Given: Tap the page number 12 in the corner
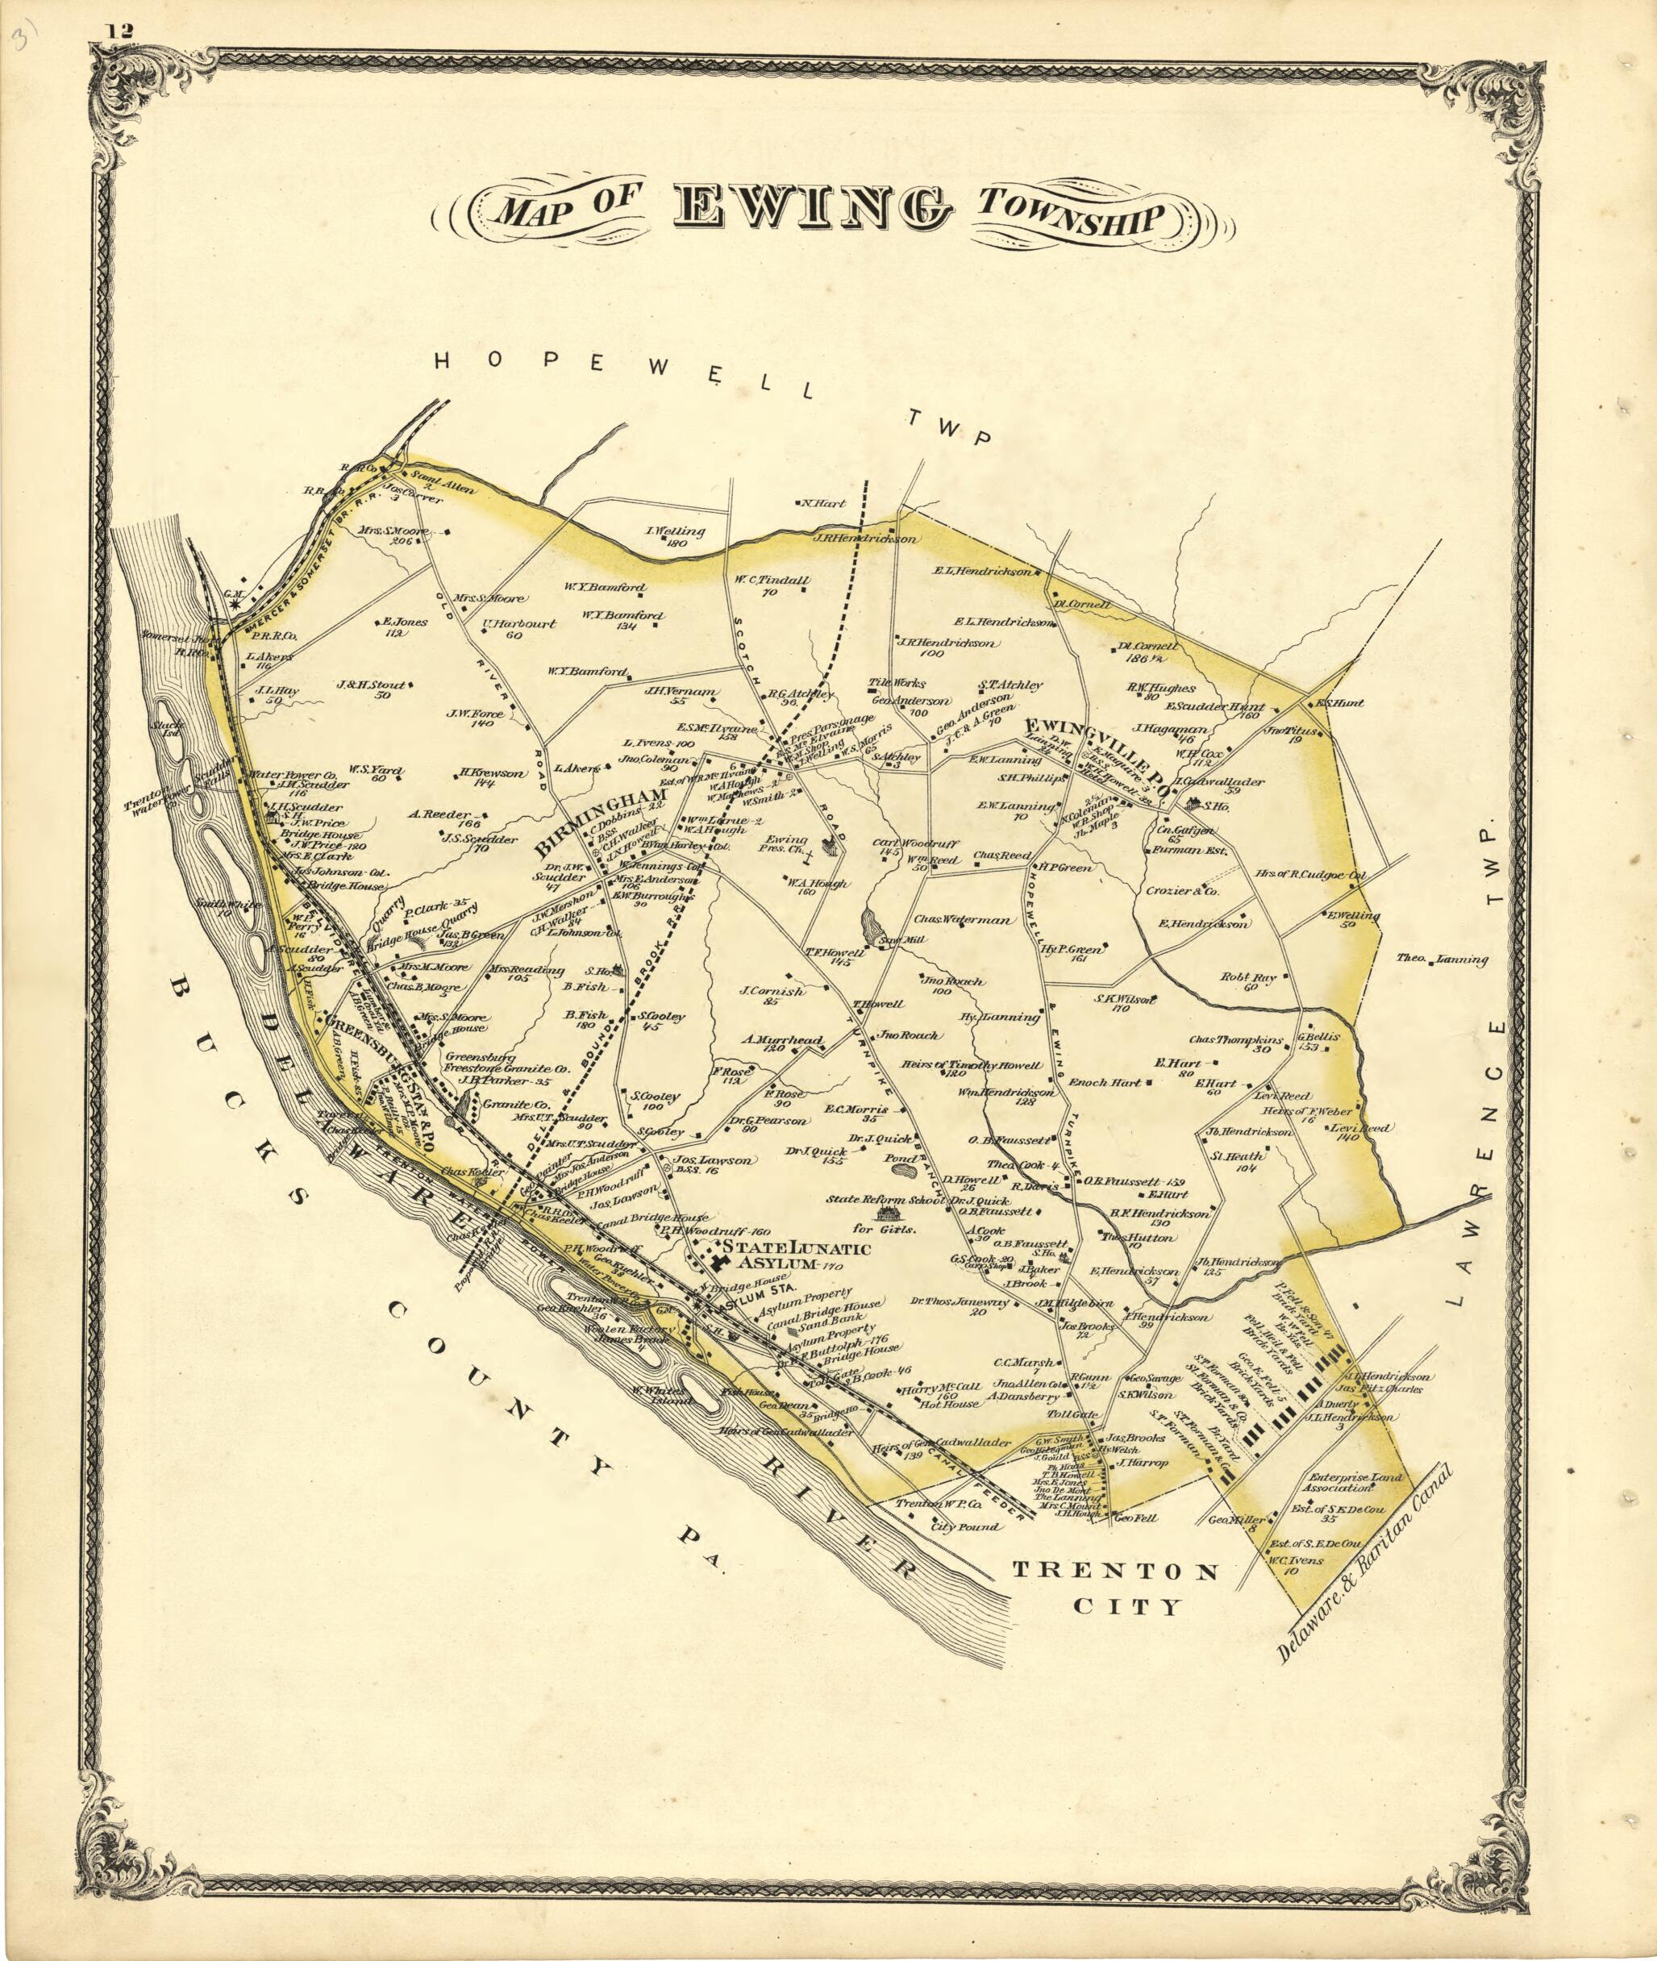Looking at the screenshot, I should pyautogui.click(x=120, y=31).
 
